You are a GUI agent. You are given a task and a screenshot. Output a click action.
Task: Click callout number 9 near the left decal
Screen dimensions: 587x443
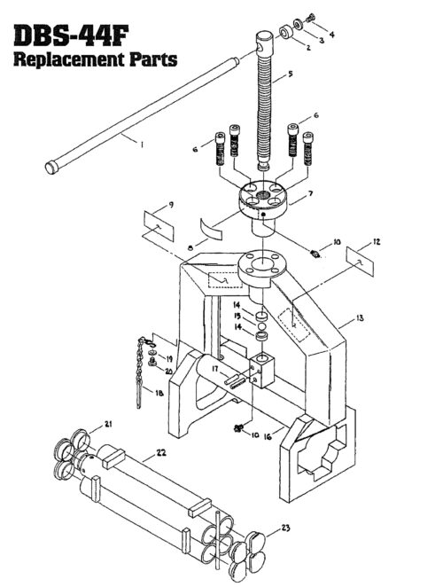(171, 205)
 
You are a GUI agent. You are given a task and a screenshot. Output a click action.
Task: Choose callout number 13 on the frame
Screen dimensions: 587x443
(358, 317)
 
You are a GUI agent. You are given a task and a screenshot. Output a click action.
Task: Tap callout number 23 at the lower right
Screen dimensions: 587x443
(286, 528)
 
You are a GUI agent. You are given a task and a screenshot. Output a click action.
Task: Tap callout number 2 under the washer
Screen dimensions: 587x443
(284, 47)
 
